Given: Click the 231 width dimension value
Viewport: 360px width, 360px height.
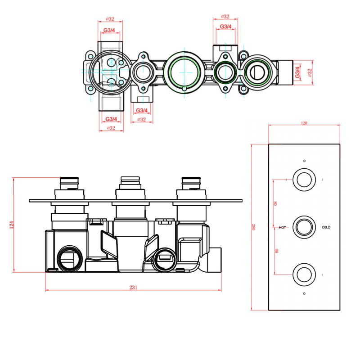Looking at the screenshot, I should coord(133,287).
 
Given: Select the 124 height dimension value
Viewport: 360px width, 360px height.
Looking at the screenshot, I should coord(12,225).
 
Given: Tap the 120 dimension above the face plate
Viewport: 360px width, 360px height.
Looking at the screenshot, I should coord(305,123).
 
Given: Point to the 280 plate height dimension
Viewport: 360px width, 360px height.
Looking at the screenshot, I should coord(254,227).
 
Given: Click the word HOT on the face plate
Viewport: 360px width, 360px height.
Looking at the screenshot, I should coord(282,228).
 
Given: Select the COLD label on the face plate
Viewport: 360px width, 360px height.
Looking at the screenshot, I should coord(326,228).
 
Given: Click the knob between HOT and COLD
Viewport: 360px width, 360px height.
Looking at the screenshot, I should coord(304,227).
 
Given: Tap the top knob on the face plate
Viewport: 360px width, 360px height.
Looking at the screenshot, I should coord(304,179).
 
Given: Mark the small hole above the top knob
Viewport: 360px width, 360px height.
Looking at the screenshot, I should coord(305,161).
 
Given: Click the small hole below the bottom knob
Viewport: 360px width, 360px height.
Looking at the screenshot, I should coord(305,293).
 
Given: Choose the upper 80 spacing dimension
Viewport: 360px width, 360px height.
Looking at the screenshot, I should coord(275,203).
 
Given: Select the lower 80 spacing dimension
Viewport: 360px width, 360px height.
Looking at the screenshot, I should coord(275,251).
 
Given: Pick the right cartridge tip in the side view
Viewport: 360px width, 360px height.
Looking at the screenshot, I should coord(191,182).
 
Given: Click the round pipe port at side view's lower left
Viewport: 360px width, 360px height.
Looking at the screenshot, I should coord(69,258).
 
